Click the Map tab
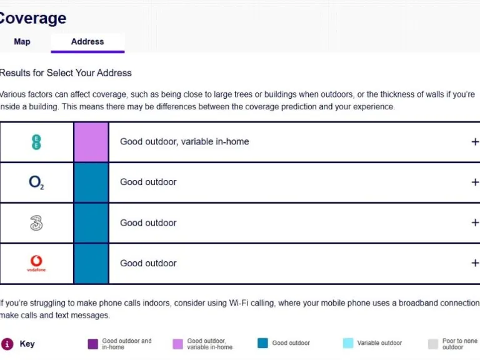[x=22, y=42]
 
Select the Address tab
[x=87, y=42]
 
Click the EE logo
[x=36, y=142]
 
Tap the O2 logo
[x=36, y=182]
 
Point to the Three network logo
[x=36, y=222]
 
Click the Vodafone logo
[x=36, y=263]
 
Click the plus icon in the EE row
[x=475, y=142]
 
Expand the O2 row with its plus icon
[x=475, y=182]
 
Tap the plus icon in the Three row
[x=475, y=223]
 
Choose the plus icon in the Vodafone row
[x=475, y=263]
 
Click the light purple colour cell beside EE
[x=91, y=142]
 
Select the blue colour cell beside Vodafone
[x=91, y=263]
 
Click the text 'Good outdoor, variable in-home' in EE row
[x=184, y=142]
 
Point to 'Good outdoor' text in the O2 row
[x=148, y=182]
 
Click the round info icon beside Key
[x=7, y=344]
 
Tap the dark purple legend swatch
[x=93, y=344]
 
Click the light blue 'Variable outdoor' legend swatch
[x=348, y=343]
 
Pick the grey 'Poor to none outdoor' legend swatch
[x=433, y=344]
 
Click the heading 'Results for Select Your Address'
[x=66, y=73]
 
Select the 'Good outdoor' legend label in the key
[x=291, y=343]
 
